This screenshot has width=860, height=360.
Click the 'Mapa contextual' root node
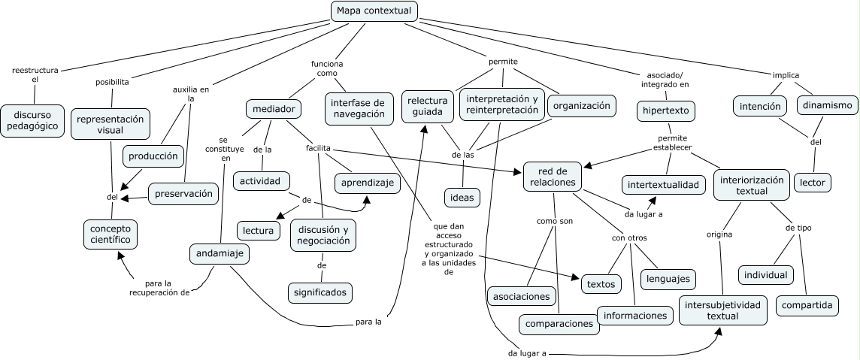point(374,11)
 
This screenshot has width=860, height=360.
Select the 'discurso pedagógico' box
point(32,121)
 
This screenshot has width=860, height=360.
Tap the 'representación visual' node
point(110,125)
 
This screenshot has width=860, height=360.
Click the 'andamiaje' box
point(219,253)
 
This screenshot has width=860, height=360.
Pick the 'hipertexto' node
point(666,111)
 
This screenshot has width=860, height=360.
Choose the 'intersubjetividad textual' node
point(722,310)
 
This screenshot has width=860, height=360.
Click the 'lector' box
point(812,182)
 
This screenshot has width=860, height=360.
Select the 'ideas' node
point(462,198)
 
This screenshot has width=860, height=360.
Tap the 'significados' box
point(320,292)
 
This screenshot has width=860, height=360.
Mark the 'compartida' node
point(807,305)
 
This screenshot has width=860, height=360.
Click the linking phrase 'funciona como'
point(327,69)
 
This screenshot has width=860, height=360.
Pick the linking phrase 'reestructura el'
point(35,74)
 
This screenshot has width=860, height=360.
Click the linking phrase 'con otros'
point(629,238)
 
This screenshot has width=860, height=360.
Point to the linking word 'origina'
point(719,234)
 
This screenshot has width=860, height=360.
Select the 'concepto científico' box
point(111,234)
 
